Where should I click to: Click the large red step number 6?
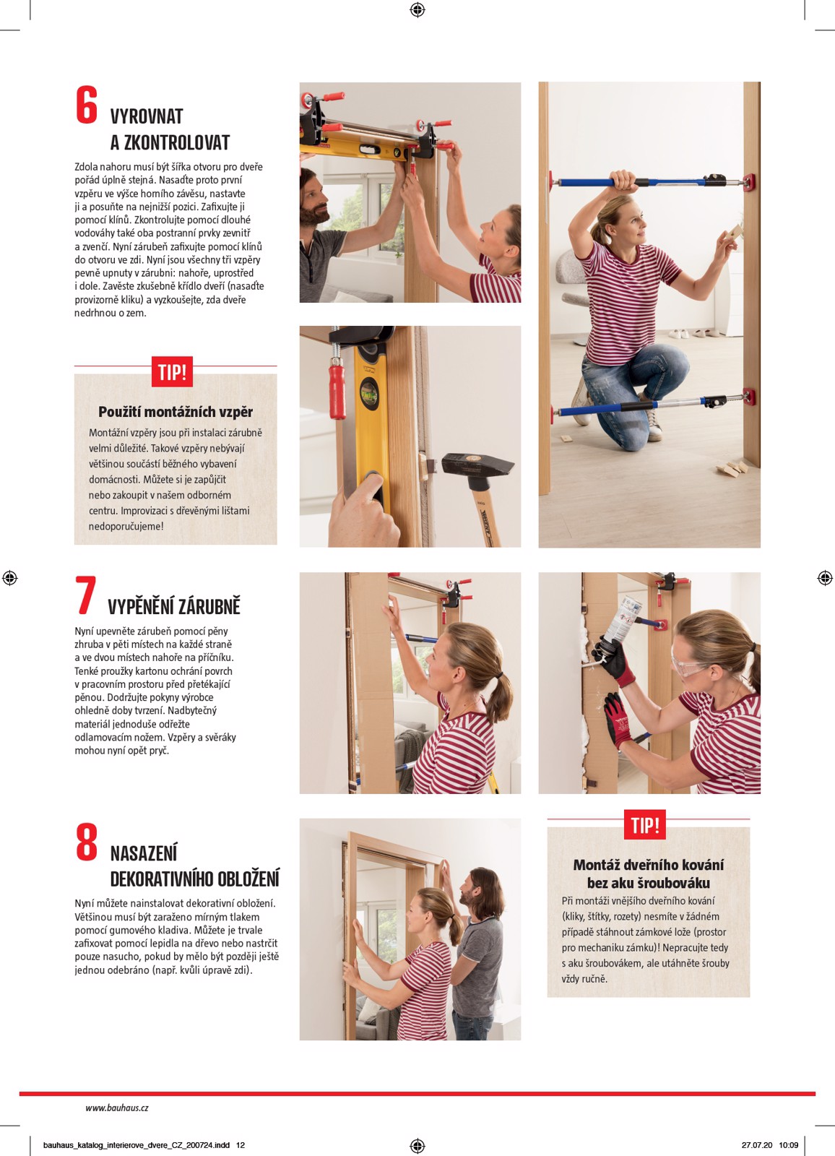[87, 105]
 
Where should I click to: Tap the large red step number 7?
[86, 595]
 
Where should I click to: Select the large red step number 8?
[87, 842]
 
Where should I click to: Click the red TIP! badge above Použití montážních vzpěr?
[172, 371]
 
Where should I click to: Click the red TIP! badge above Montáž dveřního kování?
[644, 824]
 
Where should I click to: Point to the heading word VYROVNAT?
[147, 116]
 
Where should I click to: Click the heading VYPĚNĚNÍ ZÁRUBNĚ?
[174, 606]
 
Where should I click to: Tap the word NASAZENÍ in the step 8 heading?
[144, 853]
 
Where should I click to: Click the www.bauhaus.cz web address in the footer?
[117, 1108]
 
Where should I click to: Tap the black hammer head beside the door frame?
[477, 465]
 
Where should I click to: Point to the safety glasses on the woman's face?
[690, 665]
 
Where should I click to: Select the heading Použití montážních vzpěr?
[176, 412]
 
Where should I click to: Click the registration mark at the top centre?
[417, 9]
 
